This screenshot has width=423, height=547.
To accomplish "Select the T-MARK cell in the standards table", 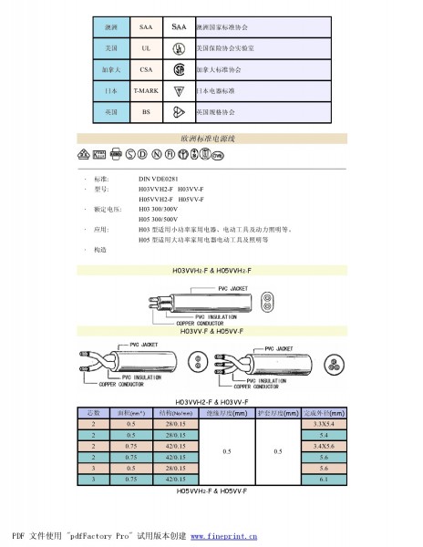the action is pyautogui.click(x=146, y=91).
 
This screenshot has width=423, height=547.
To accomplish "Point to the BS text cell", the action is pyautogui.click(x=146, y=112).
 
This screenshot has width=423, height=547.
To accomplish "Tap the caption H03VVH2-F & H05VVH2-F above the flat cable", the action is pyautogui.click(x=212, y=272).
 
